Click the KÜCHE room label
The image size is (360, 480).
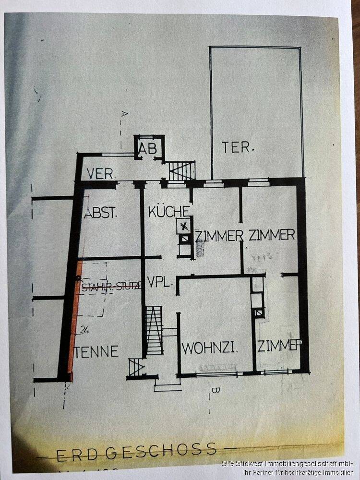point(168,211)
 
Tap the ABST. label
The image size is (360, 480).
point(101,213)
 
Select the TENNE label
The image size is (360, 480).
point(96,351)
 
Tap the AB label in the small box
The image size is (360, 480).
point(148,150)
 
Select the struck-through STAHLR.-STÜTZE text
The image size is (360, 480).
point(112,287)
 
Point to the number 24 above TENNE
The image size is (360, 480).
point(85,330)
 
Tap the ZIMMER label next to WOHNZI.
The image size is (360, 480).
point(281,346)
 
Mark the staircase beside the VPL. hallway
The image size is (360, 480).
point(154,330)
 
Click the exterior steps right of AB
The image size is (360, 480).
point(182,171)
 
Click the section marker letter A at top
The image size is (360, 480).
point(123,114)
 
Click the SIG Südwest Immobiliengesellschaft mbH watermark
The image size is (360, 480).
point(288,464)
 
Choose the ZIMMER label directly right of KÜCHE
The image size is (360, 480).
point(219,236)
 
